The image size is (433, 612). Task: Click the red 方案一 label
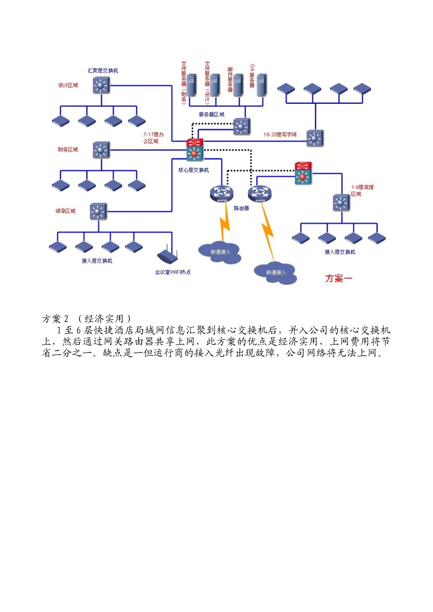[x=339, y=278]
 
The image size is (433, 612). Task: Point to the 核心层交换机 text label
[x=194, y=170]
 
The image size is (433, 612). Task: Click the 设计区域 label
[x=68, y=85]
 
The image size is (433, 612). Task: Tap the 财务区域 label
[x=68, y=149]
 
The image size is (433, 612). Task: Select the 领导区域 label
[x=66, y=211]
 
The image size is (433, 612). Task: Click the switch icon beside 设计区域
[x=101, y=85]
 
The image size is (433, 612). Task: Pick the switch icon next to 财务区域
[x=101, y=150]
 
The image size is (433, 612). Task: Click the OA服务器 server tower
[x=261, y=86]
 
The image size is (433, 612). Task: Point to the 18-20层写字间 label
[x=280, y=134]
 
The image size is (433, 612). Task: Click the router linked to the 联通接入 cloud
[x=222, y=193]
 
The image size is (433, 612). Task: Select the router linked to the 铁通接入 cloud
[x=260, y=193]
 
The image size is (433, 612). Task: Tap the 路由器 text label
[x=241, y=208]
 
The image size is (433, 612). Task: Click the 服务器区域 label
[x=211, y=114]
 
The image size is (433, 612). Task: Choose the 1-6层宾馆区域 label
[x=362, y=190]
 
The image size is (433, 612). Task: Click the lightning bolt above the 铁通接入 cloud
[x=268, y=232]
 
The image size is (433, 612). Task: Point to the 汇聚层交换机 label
[x=103, y=71]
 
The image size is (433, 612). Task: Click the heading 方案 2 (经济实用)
[x=87, y=319]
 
